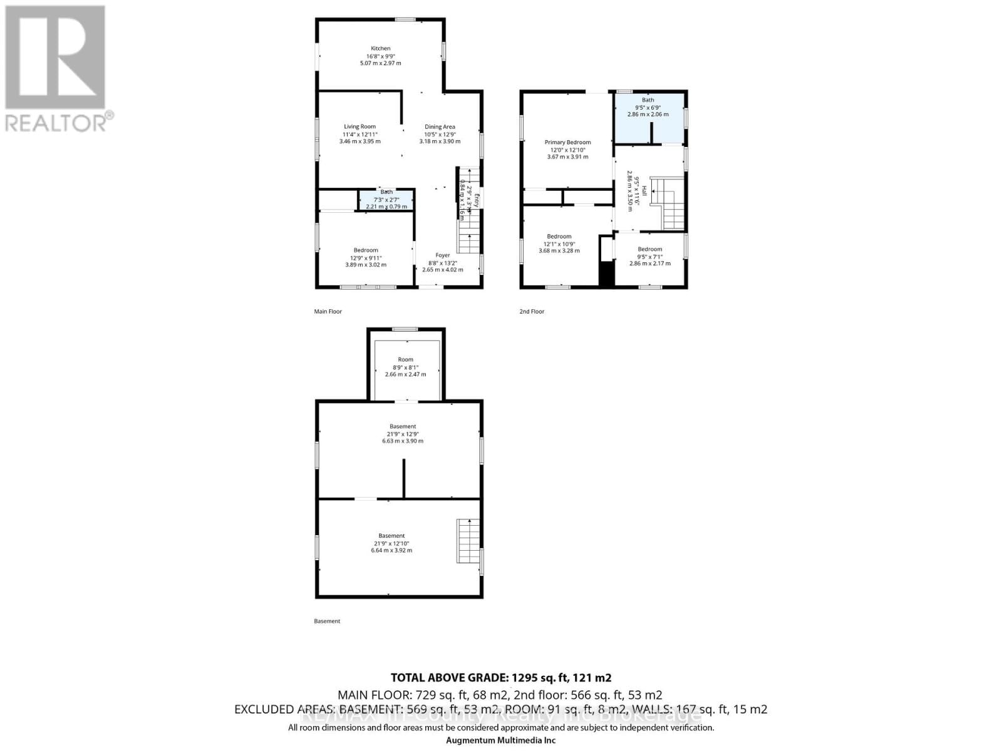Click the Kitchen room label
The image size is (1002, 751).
coord(381,49)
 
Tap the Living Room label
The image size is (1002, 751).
coord(359,127)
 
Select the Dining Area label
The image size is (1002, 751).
coord(440,127)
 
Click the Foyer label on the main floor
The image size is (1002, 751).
coord(443,255)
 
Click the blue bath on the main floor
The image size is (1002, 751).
coord(386,200)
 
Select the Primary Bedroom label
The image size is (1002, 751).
coord(567,143)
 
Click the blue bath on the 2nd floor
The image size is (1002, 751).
coord(648,119)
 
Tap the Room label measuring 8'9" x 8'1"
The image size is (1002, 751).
coord(406,360)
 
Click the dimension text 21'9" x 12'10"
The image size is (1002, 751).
coord(391,543)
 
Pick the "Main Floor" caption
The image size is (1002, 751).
coord(328,312)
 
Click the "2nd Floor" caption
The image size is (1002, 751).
coord(532,312)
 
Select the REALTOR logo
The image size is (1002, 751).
coord(56,69)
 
